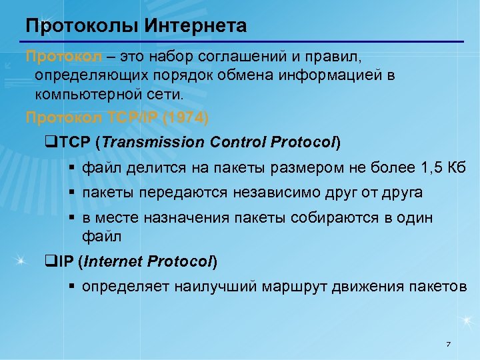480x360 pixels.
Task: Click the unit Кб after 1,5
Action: point(457,167)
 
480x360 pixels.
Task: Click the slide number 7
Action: point(448,344)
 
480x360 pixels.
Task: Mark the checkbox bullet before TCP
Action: point(47,143)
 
